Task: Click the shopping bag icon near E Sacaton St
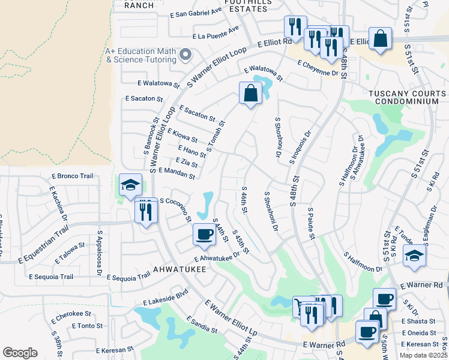(250, 94)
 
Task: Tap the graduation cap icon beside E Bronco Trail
(130, 185)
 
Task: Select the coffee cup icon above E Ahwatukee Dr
(204, 235)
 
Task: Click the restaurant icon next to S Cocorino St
(146, 212)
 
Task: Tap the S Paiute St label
(311, 224)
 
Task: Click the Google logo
(20, 353)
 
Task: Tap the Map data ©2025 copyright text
(423, 355)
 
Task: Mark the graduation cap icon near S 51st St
(414, 256)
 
